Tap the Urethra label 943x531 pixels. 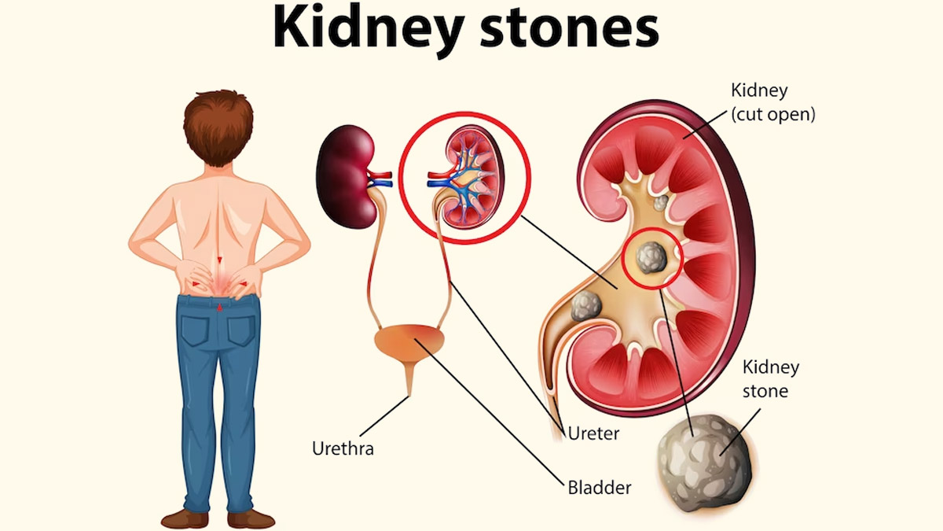(343, 449)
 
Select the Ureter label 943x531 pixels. (593, 433)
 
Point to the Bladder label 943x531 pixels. (600, 488)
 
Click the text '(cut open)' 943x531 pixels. (773, 114)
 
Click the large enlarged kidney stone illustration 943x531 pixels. (705, 463)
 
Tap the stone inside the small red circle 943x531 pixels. (651, 257)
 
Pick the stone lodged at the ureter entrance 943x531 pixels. (586, 306)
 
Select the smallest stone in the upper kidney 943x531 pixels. (661, 203)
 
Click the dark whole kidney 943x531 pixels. (346, 176)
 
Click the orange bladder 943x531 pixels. (409, 343)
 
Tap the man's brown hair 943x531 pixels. (218, 127)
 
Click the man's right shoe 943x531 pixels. (251, 518)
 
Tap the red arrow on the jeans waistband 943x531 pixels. (219, 308)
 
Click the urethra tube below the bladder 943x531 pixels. (409, 379)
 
